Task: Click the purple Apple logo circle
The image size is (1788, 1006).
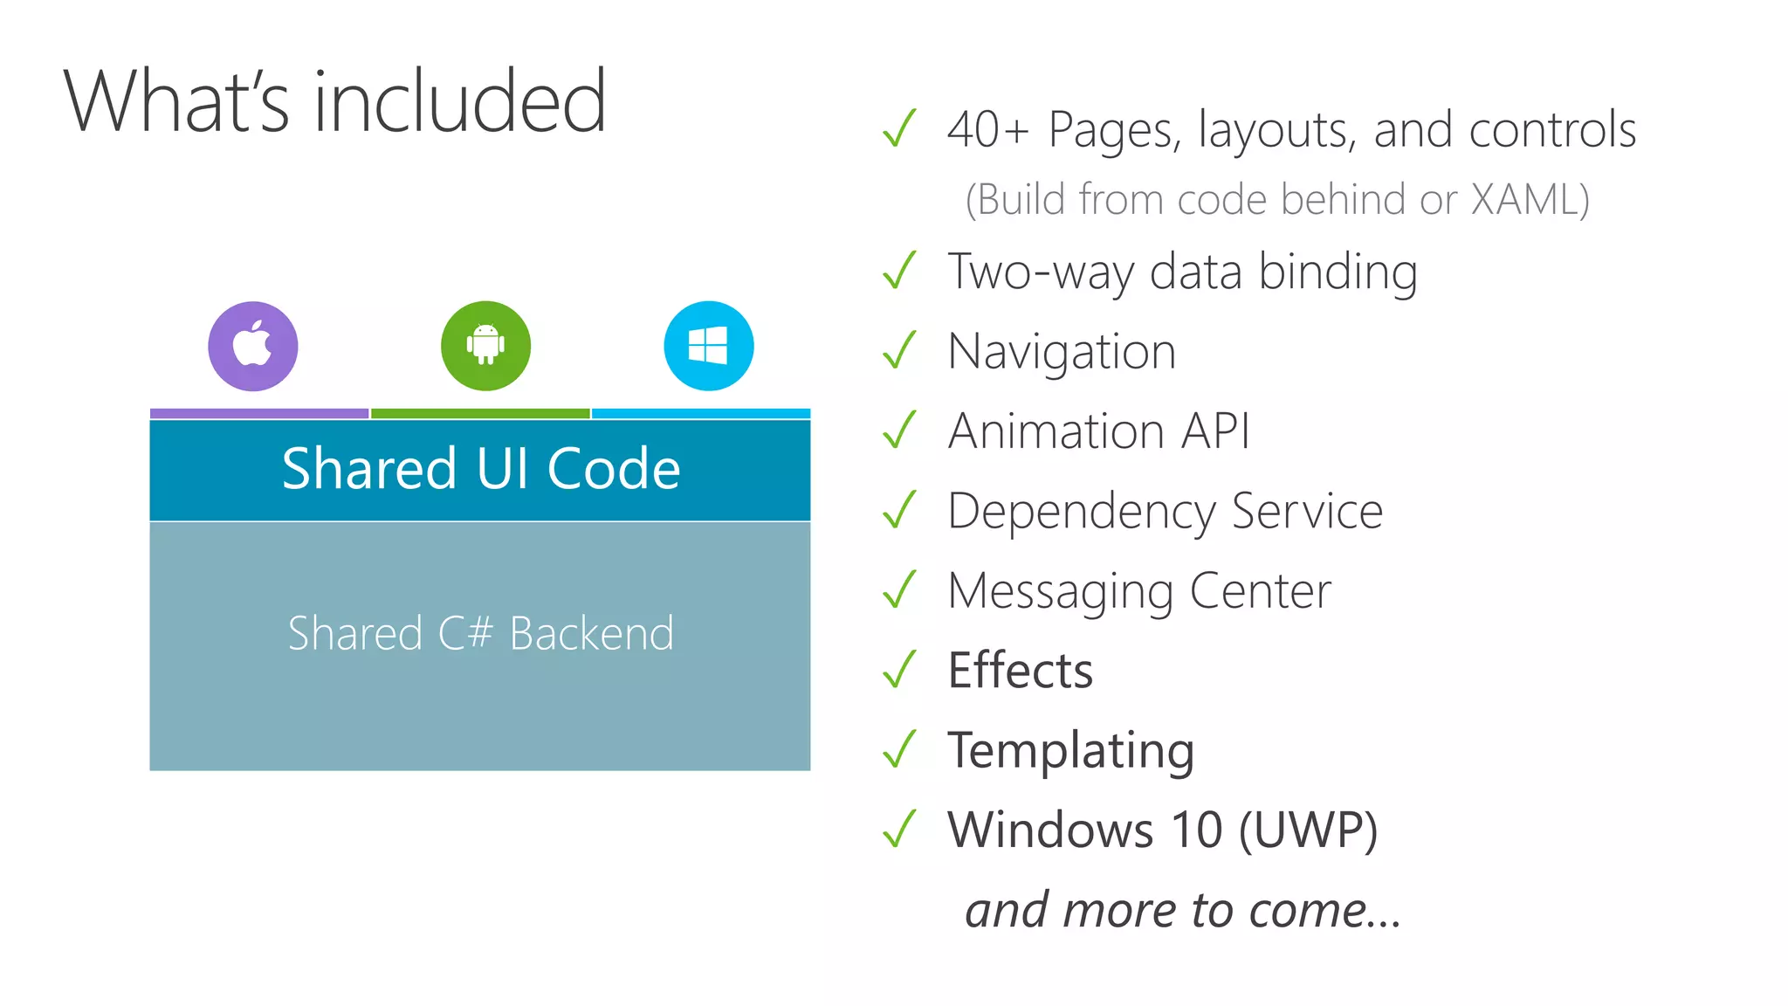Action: tap(253, 346)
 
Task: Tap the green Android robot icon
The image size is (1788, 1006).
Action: tap(485, 346)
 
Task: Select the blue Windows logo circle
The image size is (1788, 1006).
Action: tap(708, 346)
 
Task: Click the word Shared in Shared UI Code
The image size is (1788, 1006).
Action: tap(368, 469)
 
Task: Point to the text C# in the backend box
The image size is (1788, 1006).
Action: tap(465, 633)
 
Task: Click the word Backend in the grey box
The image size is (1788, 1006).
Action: tap(591, 633)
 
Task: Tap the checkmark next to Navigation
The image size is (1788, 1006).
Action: tap(899, 351)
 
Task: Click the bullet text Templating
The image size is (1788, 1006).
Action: tap(1071, 751)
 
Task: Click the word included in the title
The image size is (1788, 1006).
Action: tap(459, 102)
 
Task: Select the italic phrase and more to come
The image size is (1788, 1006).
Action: tap(1182, 910)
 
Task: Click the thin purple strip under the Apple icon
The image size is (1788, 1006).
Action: tap(259, 413)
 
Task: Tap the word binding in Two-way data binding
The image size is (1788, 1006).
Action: tap(1338, 272)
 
